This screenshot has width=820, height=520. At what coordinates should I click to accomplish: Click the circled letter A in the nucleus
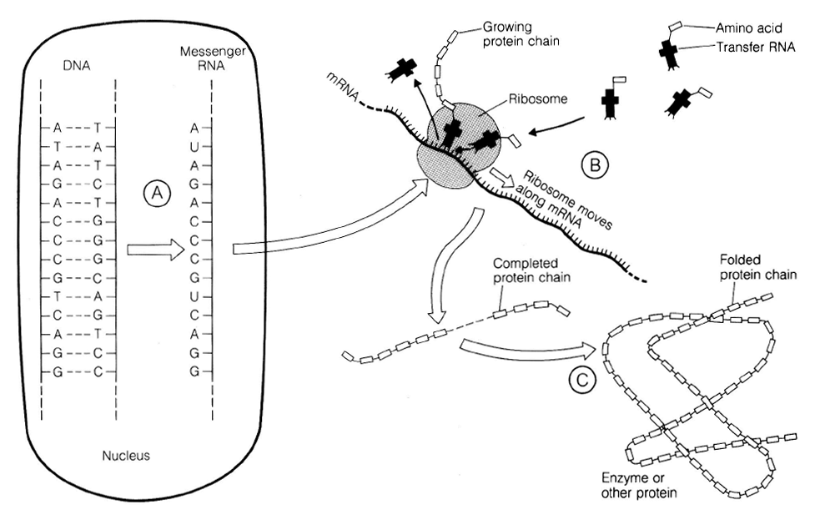[156, 194]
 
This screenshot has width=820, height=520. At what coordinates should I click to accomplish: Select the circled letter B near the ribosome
[595, 164]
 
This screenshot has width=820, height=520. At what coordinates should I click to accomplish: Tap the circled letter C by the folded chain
[582, 380]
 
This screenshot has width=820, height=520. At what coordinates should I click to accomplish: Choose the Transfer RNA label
[756, 48]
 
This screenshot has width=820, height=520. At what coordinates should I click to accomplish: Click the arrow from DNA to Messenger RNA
[154, 249]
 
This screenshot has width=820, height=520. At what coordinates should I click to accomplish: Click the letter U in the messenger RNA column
[194, 146]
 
